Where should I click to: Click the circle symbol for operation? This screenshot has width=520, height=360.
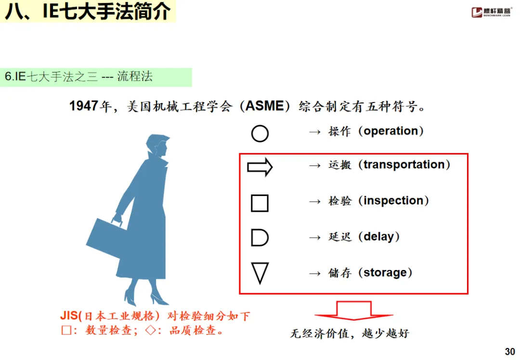pos(260,133)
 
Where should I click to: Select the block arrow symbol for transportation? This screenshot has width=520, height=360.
pos(260,167)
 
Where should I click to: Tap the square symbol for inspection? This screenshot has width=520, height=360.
pos(260,203)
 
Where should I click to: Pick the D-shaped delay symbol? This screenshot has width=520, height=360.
pos(260,238)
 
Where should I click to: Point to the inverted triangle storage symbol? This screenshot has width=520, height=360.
pos(260,273)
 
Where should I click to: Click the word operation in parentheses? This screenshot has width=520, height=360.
pos(391,131)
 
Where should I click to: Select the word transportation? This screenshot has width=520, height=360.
pos(404,165)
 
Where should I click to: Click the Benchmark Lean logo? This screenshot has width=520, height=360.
pos(491,12)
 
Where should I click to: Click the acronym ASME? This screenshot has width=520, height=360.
pos(265,106)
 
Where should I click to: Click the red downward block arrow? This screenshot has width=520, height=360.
pos(354,311)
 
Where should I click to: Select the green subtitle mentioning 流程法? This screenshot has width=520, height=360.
pos(79,77)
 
